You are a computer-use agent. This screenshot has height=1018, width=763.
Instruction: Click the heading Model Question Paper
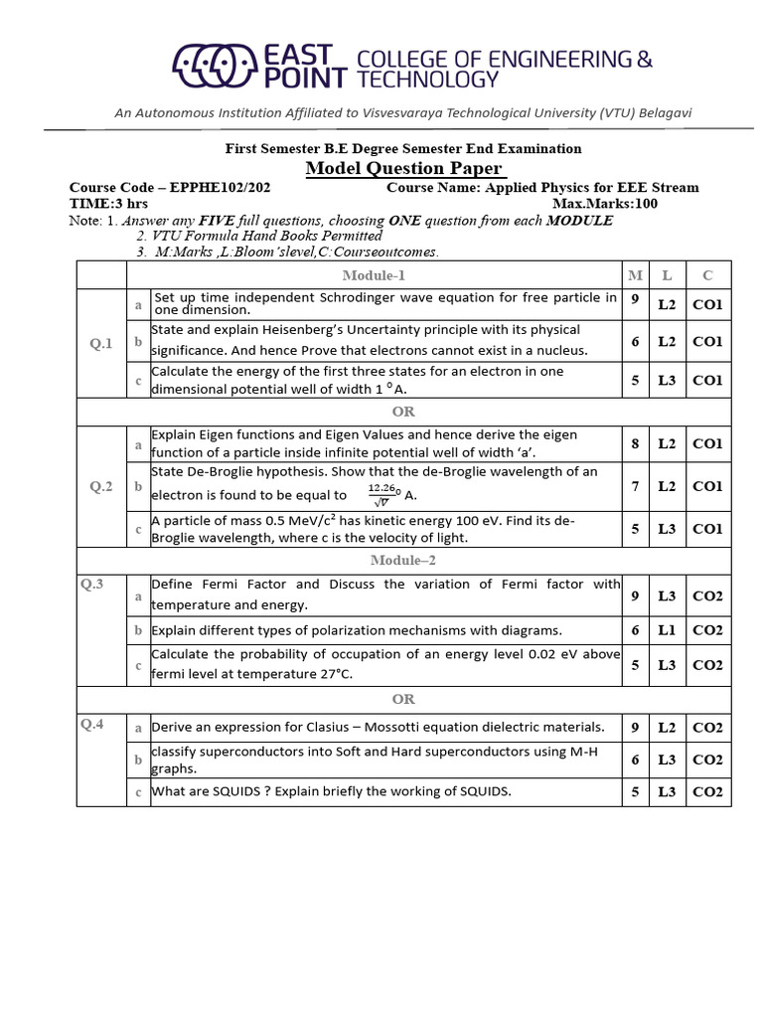tap(404, 168)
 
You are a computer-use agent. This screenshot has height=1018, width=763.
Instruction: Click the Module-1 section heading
tap(374, 275)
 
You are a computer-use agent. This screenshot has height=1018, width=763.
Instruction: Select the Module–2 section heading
tap(374, 561)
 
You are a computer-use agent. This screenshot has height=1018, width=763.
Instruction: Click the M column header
tap(635, 275)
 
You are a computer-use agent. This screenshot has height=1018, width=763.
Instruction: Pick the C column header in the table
tap(706, 275)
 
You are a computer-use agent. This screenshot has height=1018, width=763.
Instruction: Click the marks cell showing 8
tap(635, 443)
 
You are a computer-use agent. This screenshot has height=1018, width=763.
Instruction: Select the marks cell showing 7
tap(635, 486)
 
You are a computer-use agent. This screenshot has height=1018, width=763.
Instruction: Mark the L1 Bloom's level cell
tap(667, 630)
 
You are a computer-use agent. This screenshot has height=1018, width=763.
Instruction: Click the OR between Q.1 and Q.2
tap(403, 412)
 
